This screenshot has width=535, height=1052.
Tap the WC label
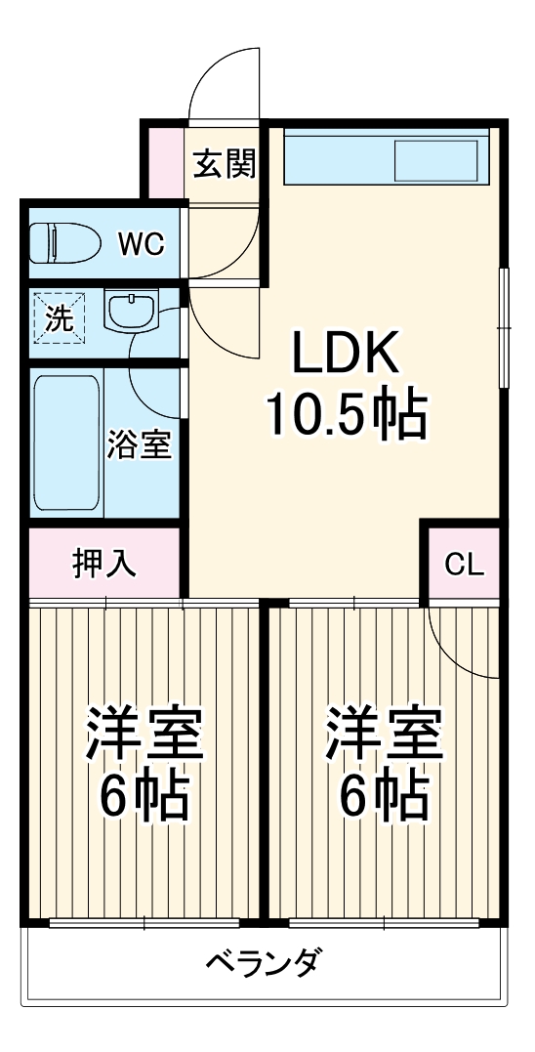142,243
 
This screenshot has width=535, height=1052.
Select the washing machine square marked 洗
59,319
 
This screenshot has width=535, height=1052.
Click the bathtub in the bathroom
67,442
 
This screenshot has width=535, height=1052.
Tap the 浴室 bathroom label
140,444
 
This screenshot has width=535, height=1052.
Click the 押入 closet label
104,564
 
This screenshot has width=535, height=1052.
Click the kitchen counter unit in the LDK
386,156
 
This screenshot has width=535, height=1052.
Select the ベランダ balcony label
262,964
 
